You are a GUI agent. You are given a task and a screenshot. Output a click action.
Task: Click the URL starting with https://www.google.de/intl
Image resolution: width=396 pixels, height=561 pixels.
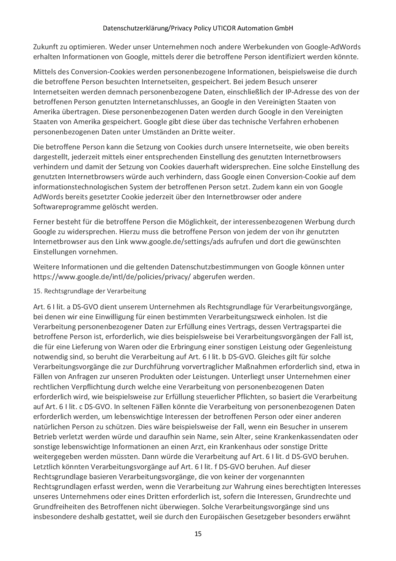[112, 277]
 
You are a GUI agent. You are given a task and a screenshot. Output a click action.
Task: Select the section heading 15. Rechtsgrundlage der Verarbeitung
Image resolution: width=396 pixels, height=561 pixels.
[90, 291]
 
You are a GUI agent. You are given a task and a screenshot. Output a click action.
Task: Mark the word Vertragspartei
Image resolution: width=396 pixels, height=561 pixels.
[317, 327]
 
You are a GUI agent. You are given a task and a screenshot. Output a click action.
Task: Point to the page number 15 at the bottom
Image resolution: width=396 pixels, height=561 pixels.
[198, 534]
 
